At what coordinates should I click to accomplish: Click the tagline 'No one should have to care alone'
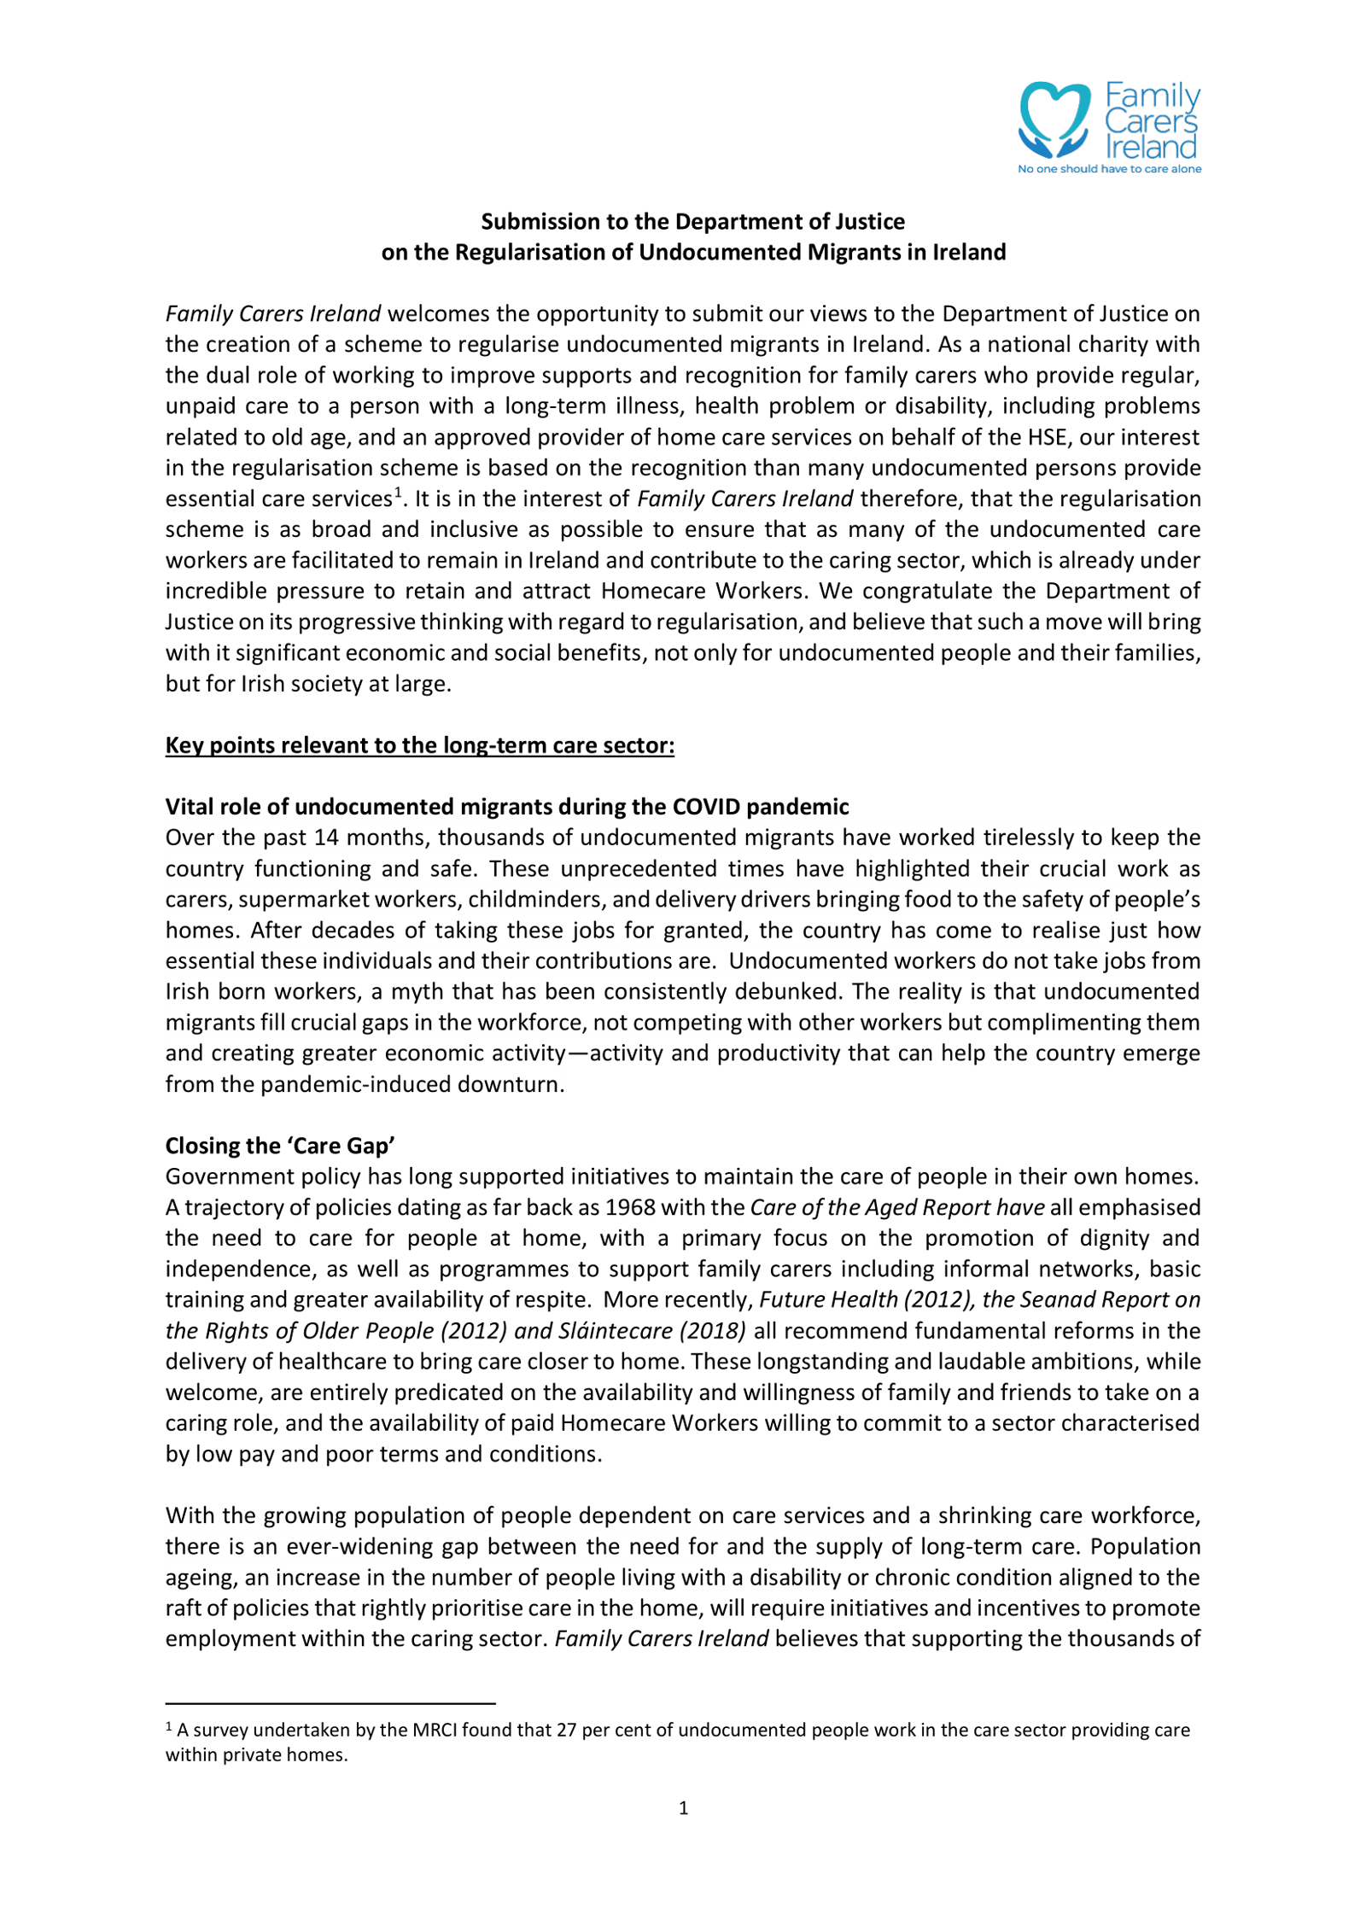1109,169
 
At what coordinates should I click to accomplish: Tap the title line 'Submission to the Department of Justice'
692,221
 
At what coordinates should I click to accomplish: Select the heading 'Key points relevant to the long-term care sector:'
419,745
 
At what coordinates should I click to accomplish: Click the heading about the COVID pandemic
506,807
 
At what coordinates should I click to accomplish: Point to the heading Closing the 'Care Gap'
280,1146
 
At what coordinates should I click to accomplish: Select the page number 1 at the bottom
683,1807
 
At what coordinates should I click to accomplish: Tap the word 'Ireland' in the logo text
1151,148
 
